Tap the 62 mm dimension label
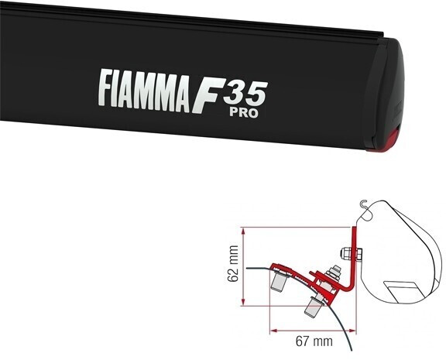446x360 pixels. pos(232,265)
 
